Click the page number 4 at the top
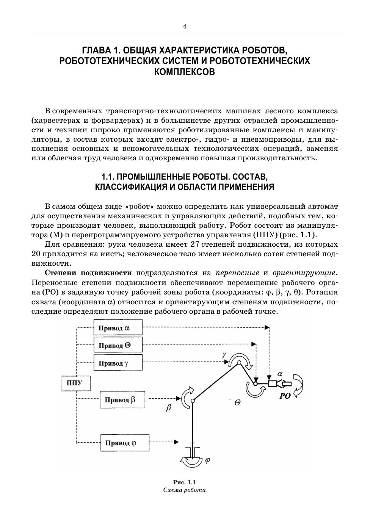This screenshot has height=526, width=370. tap(185, 27)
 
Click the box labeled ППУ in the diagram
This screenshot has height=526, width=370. tap(76, 383)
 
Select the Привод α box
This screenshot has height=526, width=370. tap(118, 327)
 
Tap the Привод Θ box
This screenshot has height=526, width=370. tap(118, 345)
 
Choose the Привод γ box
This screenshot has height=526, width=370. tap(118, 363)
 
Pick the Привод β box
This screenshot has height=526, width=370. tap(122, 400)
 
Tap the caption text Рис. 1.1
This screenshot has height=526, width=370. tap(185, 482)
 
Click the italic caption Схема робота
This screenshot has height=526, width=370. tap(185, 490)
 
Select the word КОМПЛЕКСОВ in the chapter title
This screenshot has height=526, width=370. tap(185, 72)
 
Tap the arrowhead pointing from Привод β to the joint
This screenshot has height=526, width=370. tap(178, 398)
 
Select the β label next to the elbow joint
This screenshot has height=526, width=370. tap(169, 408)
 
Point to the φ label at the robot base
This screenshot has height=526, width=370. tap(207, 461)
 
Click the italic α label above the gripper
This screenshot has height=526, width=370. tap(280, 374)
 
